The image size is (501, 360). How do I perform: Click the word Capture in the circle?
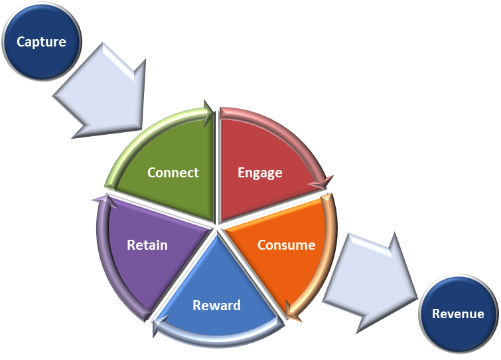coord(41,42)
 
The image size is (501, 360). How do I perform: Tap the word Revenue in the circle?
coord(458,314)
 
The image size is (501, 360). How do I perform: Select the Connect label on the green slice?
coord(173,173)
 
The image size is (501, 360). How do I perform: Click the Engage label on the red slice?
coord(259,173)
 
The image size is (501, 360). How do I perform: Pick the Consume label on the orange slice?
coord(286,245)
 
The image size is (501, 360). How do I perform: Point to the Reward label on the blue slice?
coord(216,306)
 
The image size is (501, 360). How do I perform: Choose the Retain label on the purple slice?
coord(147,245)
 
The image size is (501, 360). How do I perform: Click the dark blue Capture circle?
coord(42,41)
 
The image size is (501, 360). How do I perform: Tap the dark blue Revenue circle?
coord(459,314)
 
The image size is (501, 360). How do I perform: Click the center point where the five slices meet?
coord(217,226)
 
